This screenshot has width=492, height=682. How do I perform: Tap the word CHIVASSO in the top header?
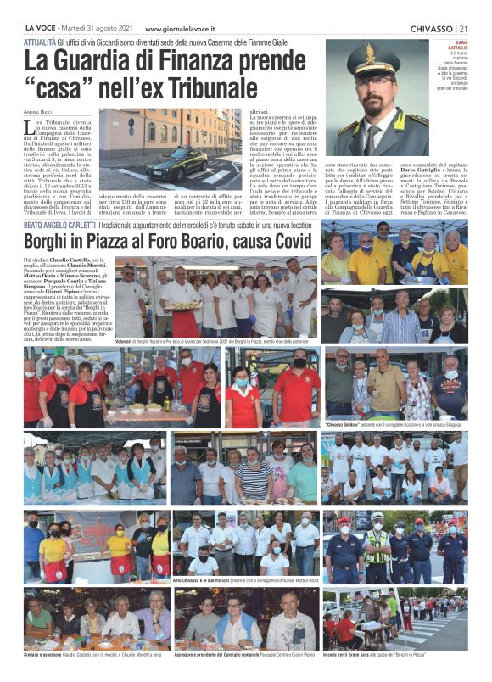(432, 28)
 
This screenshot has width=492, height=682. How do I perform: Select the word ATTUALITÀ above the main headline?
(41, 41)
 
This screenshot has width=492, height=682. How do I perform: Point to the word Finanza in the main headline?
(223, 59)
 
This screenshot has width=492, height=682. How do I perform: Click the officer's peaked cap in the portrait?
(373, 59)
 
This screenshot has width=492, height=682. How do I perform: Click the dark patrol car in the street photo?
(179, 162)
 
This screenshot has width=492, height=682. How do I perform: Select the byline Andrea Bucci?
(39, 112)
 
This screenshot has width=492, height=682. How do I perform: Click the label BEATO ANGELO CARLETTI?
(59, 224)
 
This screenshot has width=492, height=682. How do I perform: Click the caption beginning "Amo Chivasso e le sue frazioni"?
(246, 579)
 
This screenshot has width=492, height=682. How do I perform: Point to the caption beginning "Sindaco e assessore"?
(93, 655)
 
